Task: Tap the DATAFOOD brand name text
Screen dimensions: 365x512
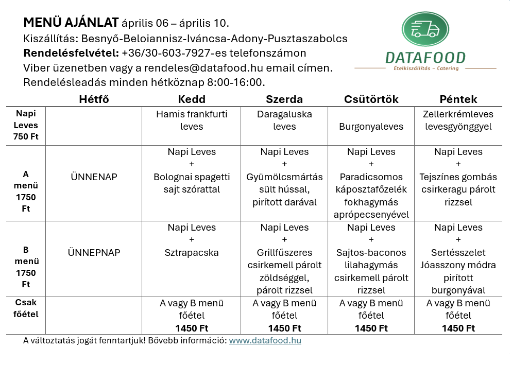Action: click(x=425, y=58)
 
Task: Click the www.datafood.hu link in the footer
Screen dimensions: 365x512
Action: click(x=265, y=340)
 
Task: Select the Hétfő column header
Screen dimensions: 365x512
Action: click(x=94, y=99)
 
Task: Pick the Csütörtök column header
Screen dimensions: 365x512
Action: click(x=371, y=99)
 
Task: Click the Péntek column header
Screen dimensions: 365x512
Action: click(x=458, y=99)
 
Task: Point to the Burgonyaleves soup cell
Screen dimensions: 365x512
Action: click(x=371, y=126)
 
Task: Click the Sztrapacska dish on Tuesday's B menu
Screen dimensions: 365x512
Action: click(x=192, y=253)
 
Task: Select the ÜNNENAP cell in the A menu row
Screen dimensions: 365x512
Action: click(x=94, y=177)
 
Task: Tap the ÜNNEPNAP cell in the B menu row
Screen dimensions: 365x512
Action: click(x=94, y=253)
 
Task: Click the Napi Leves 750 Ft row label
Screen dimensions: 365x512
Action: click(x=26, y=125)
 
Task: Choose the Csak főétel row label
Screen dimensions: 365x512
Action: click(x=26, y=308)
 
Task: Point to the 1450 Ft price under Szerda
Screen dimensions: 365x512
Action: click(x=284, y=328)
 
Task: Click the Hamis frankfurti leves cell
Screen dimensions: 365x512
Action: click(x=192, y=120)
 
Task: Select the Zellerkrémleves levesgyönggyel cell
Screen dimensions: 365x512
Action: click(x=458, y=120)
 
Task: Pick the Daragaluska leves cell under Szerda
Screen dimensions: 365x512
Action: click(x=284, y=120)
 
